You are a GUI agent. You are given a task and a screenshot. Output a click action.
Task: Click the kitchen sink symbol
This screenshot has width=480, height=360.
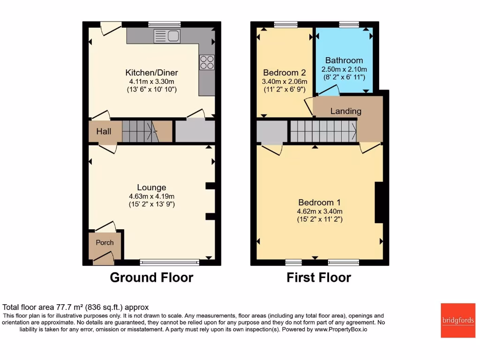tap(167, 36)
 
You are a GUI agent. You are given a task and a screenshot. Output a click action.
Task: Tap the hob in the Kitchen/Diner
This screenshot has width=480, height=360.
tap(207, 62)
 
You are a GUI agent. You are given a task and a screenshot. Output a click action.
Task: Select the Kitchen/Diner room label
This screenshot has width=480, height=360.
tap(151, 73)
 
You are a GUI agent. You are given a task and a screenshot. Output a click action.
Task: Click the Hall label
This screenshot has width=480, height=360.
tap(104, 132)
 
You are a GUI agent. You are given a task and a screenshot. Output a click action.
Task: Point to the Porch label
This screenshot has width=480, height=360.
tap(105, 242)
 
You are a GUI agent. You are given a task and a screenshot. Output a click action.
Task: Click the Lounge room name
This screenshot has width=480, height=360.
tap(152, 187)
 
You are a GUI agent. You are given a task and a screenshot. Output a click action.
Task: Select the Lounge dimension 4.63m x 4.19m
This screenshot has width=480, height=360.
tap(152, 196)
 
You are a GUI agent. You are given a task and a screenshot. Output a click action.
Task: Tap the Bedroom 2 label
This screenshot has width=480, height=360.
tap(284, 73)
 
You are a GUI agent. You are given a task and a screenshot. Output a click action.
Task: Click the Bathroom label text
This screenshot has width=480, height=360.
tap(344, 60)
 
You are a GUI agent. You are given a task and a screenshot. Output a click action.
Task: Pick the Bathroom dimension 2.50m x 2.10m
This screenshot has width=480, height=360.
tap(344, 69)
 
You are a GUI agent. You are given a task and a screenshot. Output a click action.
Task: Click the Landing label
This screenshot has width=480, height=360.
tap(345, 111)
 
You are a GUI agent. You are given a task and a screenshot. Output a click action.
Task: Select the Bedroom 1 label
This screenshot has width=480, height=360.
tap(319, 202)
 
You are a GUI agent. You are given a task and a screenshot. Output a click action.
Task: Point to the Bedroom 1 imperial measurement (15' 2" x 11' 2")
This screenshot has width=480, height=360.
tap(319, 219)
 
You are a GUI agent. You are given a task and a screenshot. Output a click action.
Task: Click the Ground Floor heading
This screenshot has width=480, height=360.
tap(151, 277)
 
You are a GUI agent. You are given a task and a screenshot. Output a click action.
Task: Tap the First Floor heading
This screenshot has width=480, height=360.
tap(319, 277)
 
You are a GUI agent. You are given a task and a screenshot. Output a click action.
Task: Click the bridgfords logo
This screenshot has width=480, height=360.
tap(458, 321)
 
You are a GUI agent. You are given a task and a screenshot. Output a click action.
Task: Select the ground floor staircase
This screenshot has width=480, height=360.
tap(141, 132)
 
